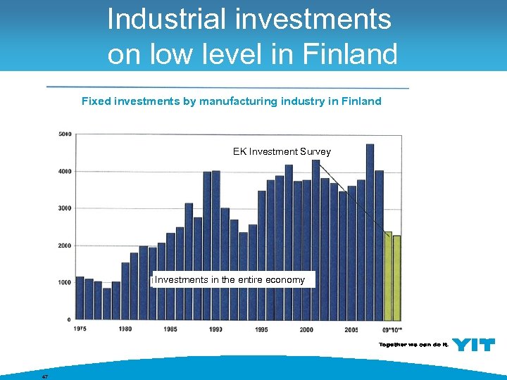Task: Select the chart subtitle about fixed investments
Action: pyautogui.click(x=231, y=101)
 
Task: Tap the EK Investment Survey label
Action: pyautogui.click(x=282, y=151)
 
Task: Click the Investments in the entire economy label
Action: pyautogui.click(x=230, y=280)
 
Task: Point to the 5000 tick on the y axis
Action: pyautogui.click(x=65, y=134)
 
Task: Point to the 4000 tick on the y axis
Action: pyautogui.click(x=65, y=171)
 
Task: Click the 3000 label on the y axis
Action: pyautogui.click(x=65, y=208)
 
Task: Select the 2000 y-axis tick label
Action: pyautogui.click(x=65, y=246)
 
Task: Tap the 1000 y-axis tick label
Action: pyautogui.click(x=65, y=282)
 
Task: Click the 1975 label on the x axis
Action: pyautogui.click(x=80, y=329)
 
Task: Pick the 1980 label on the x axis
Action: pyautogui.click(x=125, y=329)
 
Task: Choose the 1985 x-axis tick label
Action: pyautogui.click(x=170, y=329)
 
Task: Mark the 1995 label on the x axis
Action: pyautogui.click(x=261, y=329)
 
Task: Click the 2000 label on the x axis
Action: pyautogui.click(x=306, y=329)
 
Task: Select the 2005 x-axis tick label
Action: pyautogui.click(x=351, y=329)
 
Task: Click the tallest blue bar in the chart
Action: pyautogui.click(x=370, y=232)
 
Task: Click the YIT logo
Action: pyautogui.click(x=473, y=344)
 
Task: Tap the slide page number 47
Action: pyautogui.click(x=44, y=376)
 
